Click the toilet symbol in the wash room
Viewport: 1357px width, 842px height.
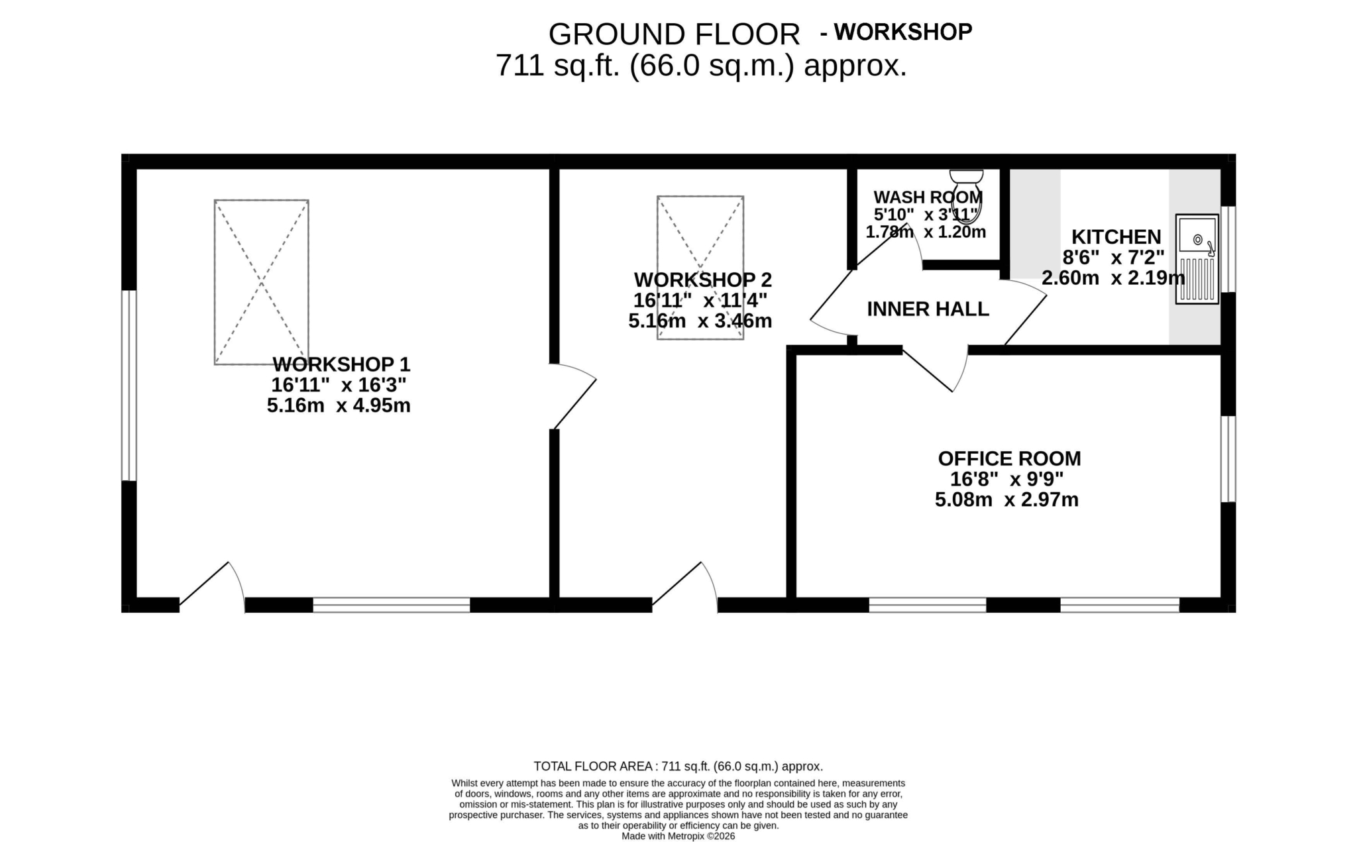tap(967, 196)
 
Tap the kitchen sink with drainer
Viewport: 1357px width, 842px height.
tap(1197, 259)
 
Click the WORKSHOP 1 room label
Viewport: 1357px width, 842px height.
tap(341, 364)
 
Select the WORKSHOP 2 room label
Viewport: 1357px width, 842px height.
tap(703, 280)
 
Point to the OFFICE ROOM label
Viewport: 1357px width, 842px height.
tap(1009, 458)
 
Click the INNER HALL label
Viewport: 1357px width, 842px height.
tap(928, 309)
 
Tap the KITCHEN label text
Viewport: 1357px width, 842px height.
tap(1116, 237)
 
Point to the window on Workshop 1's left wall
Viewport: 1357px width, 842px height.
tap(129, 385)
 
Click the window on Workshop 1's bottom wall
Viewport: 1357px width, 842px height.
tap(391, 605)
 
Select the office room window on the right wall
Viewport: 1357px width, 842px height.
tap(1228, 458)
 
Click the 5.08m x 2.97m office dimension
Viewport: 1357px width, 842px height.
tap(1006, 500)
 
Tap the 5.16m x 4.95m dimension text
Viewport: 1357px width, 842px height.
tap(339, 405)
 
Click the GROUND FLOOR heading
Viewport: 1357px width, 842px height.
tap(675, 34)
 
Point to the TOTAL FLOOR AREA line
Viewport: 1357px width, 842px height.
tap(678, 766)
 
